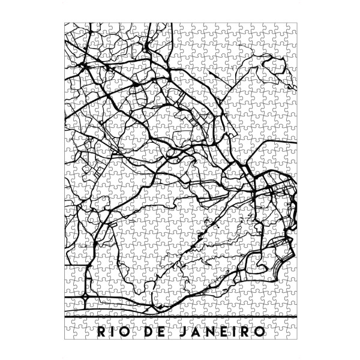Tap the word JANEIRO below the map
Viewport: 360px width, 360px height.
[226, 332]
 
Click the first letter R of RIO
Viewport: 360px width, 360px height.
[100, 332]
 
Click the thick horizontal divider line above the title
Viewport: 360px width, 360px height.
[180, 316]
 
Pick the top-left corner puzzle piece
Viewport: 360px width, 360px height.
[70, 28]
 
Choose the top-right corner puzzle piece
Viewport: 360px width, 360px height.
[292, 28]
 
